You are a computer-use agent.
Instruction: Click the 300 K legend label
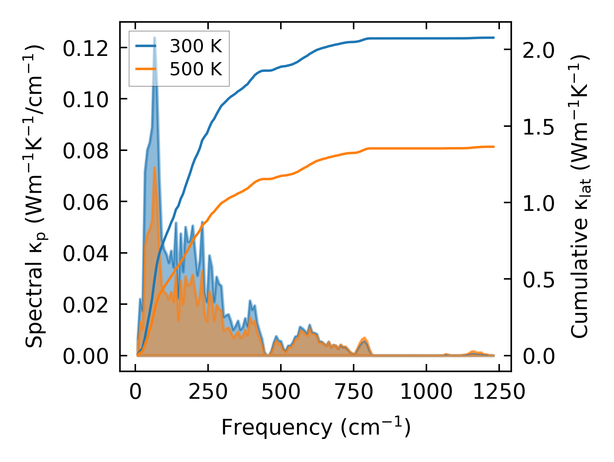[196, 46]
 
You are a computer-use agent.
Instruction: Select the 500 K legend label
[196, 69]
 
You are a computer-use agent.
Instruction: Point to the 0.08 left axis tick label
[86, 151]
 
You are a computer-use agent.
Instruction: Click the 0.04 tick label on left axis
[86, 254]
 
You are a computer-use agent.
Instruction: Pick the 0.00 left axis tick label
[86, 356]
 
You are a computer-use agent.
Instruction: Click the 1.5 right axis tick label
[538, 127]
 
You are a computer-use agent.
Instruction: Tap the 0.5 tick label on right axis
[538, 280]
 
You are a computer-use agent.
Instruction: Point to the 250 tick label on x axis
[208, 392]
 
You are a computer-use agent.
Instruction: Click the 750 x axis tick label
[354, 392]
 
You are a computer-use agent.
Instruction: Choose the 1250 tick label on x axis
[499, 392]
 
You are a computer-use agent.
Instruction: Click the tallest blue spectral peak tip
[155, 38]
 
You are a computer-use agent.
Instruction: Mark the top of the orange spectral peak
[155, 167]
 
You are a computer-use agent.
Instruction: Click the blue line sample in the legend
[146, 46]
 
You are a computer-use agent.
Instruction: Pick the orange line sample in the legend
[146, 69]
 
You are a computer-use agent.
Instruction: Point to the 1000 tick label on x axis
[426, 392]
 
